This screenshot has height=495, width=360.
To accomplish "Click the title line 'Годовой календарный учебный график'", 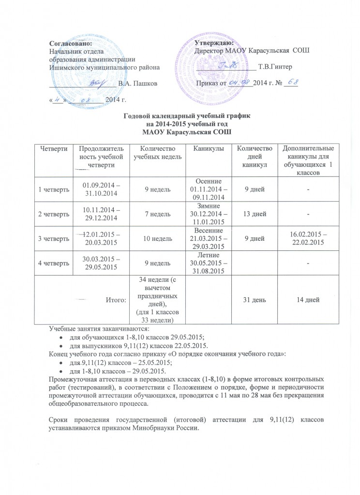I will coord(180,117).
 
